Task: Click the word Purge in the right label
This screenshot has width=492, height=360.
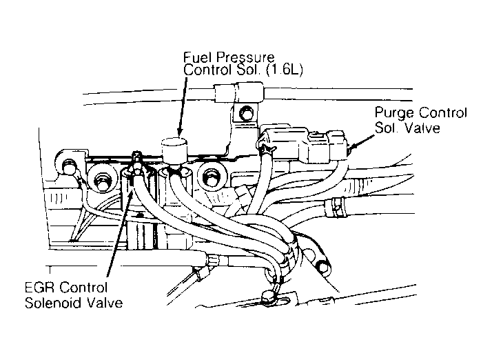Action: (391, 112)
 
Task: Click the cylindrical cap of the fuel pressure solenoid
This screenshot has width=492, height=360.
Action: (174, 149)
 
